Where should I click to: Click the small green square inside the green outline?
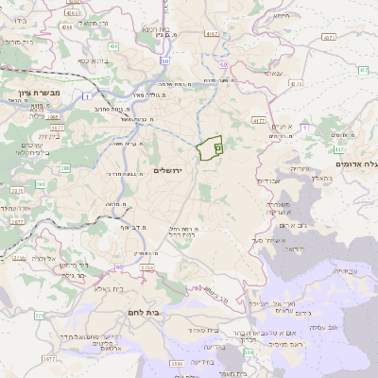point(218,148)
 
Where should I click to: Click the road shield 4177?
point(258,121)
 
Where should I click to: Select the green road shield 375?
point(39,315)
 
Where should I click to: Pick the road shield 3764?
point(147,267)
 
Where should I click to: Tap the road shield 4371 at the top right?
point(328,37)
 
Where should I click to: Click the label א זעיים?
point(281,126)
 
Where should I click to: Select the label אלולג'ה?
point(46,257)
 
